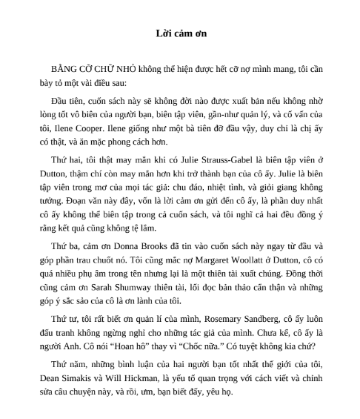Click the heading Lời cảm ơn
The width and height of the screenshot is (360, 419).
coord(179,34)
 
